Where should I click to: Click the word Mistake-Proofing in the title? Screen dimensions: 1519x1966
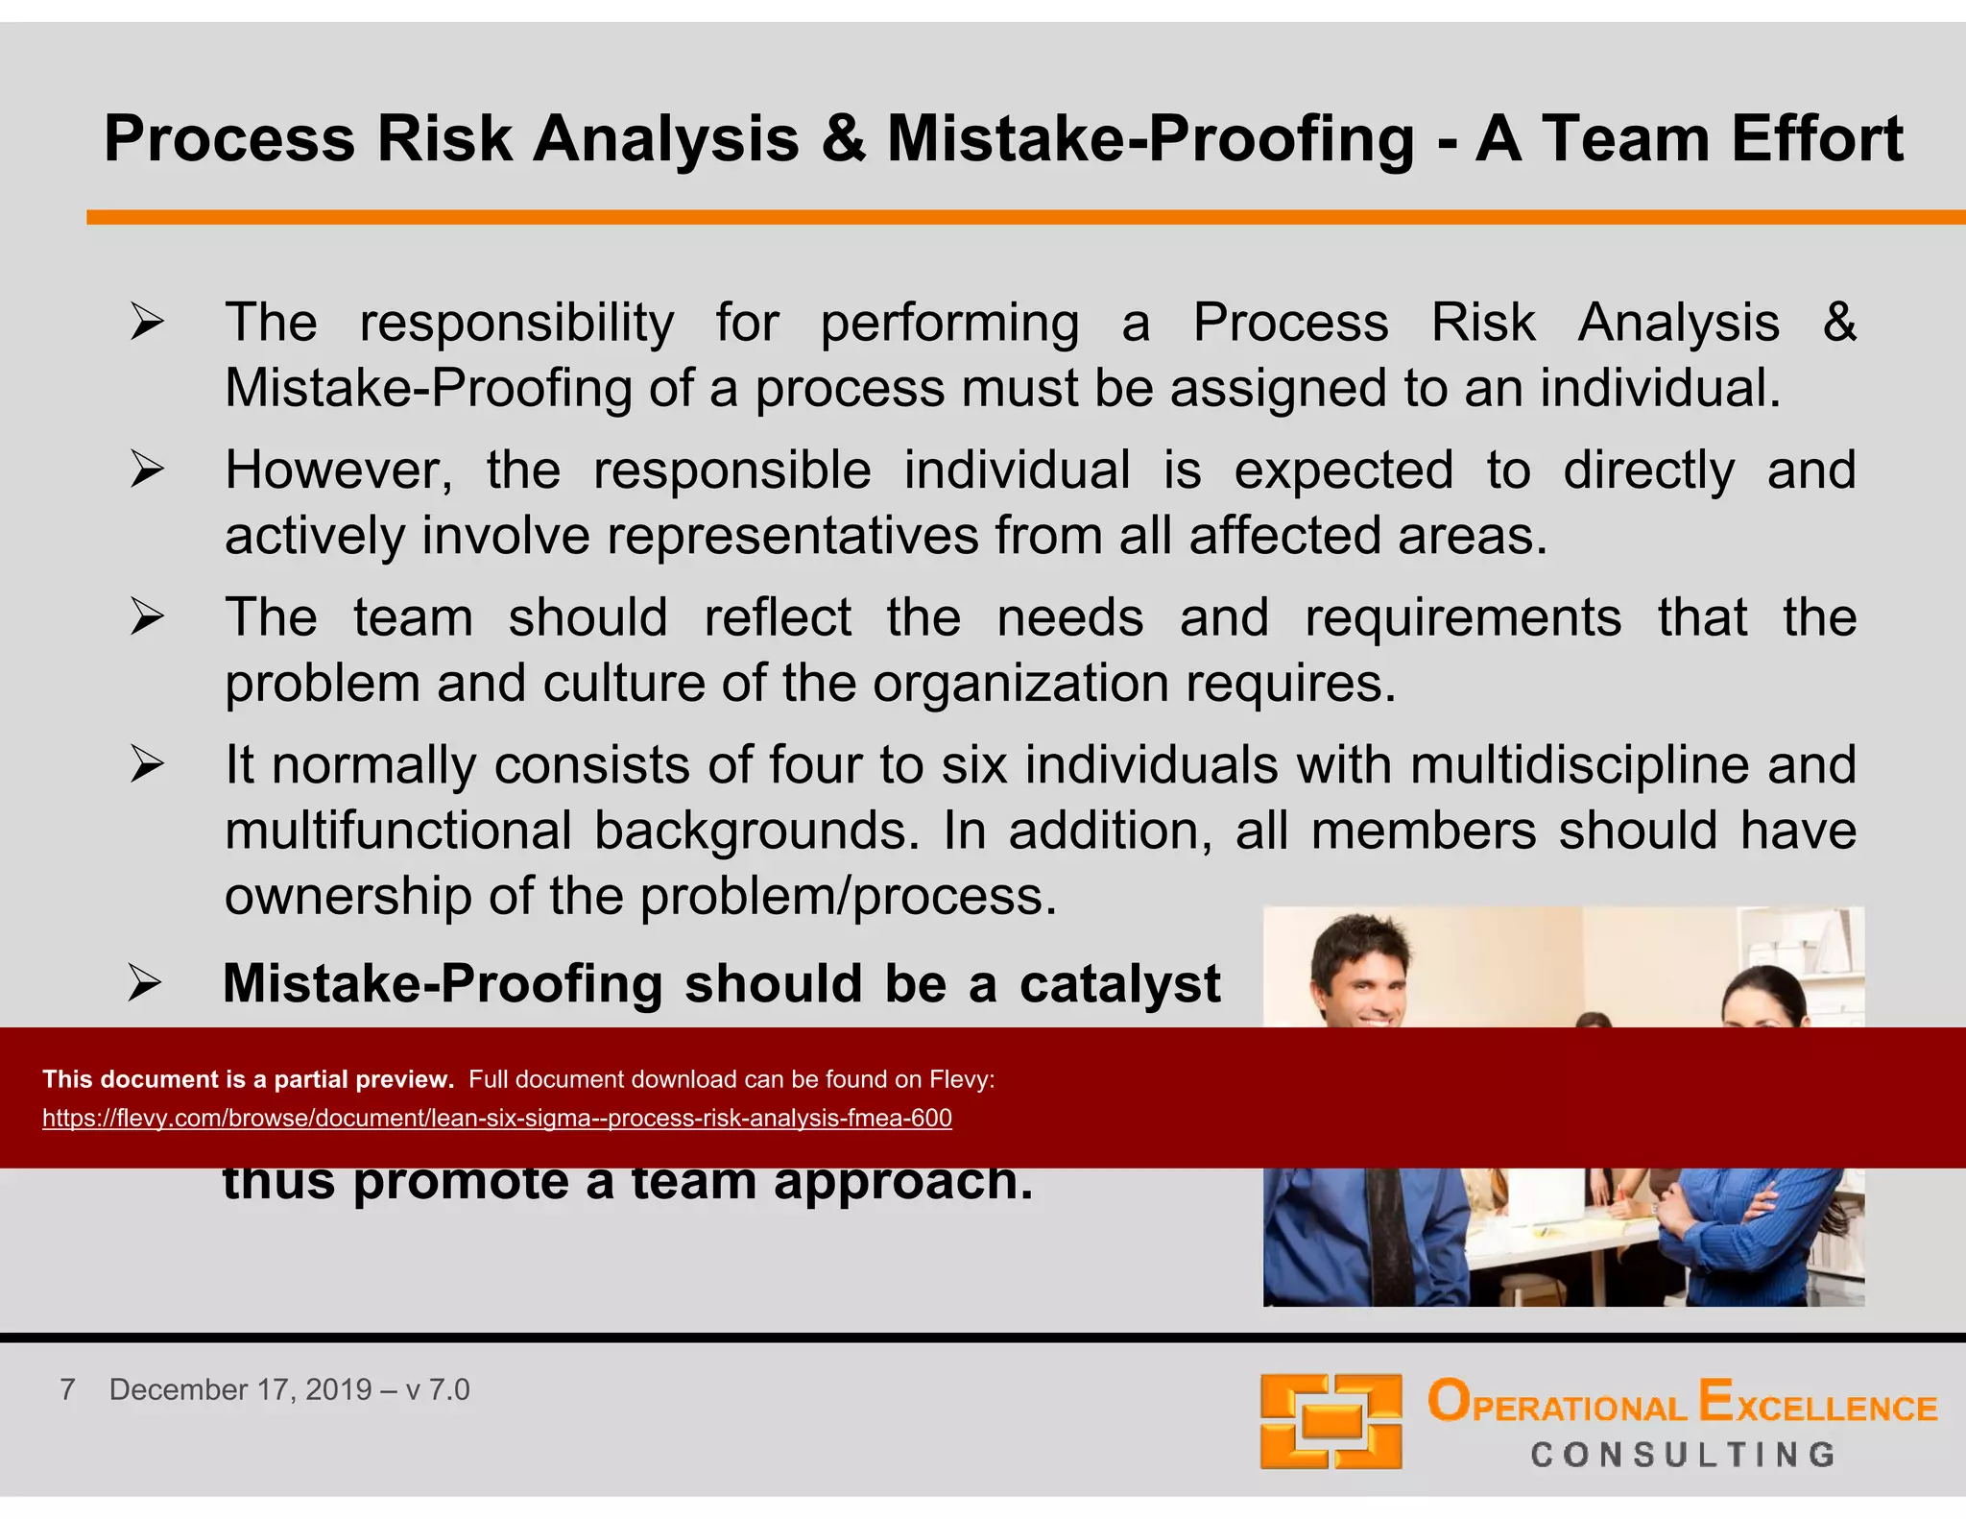[1149, 140]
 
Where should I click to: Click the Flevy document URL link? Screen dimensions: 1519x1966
[496, 1118]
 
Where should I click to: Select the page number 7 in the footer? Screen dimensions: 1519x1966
[67, 1389]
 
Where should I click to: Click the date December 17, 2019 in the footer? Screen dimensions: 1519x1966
[240, 1389]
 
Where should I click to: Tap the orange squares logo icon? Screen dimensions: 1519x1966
[1331, 1421]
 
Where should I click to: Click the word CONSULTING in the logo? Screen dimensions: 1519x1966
[1683, 1455]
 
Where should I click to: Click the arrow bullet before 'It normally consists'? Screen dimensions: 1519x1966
[147, 765]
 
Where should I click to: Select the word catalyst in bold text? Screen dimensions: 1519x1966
[1119, 984]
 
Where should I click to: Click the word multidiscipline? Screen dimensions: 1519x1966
[1579, 765]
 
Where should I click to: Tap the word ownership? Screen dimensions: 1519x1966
[348, 897]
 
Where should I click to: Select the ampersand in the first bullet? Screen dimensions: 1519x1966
[1838, 322]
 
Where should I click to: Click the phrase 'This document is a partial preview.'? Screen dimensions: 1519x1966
[248, 1079]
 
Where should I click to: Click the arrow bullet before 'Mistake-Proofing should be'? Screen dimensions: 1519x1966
[145, 984]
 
